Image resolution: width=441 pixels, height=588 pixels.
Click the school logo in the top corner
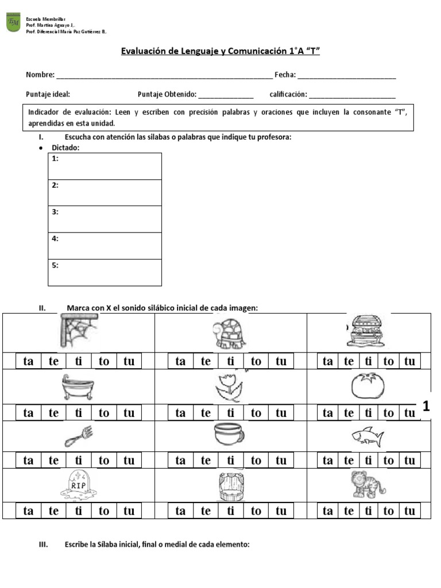point(13,23)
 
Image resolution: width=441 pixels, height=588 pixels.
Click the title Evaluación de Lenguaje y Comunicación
point(220,51)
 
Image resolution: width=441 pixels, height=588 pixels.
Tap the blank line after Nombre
point(164,75)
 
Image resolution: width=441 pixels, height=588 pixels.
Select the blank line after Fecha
point(347,75)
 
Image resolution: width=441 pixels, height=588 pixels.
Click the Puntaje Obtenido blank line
point(226,95)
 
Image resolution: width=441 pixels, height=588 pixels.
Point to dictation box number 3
point(105,219)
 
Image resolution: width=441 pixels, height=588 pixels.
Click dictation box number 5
point(105,272)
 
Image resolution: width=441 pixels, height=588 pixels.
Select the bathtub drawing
point(78,388)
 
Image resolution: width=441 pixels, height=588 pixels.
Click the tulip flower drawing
point(230,388)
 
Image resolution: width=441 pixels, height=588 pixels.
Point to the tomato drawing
point(367,386)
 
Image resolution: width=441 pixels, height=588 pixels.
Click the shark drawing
point(366,438)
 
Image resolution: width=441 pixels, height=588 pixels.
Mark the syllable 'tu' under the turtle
point(281,361)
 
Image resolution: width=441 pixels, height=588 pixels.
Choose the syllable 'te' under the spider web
point(53,361)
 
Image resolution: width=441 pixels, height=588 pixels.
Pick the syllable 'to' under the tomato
point(389,413)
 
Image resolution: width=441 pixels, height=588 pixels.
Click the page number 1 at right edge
point(426,407)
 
